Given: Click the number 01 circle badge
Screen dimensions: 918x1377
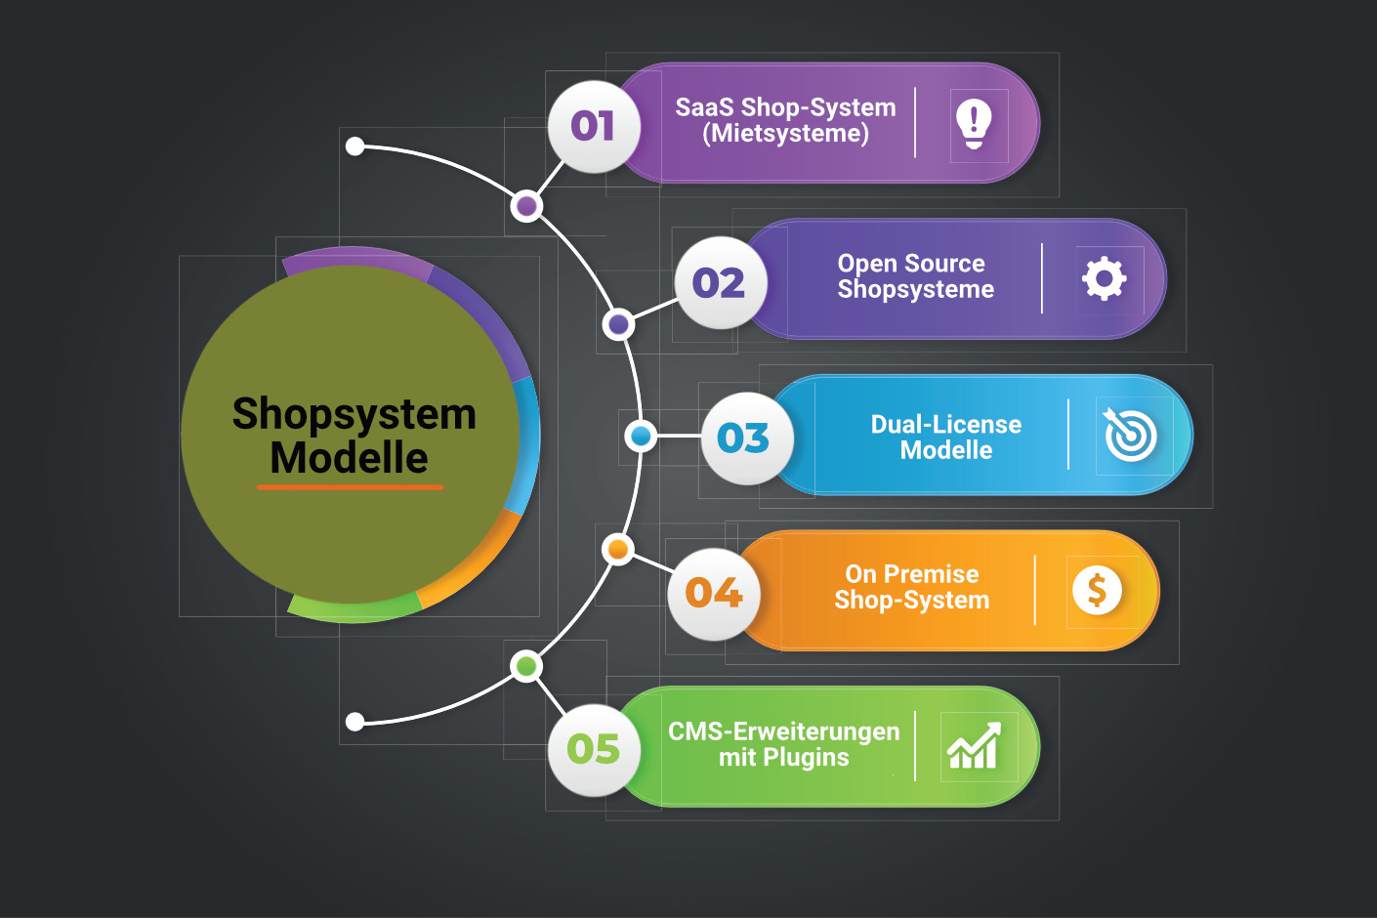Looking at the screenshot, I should tap(594, 126).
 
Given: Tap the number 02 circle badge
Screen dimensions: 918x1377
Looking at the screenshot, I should tap(720, 283).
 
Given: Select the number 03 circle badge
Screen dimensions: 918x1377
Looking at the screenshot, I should tap(745, 438).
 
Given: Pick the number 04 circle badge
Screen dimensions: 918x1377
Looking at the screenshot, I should tap(714, 593).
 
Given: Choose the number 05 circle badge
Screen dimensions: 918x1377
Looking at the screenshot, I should tap(594, 749).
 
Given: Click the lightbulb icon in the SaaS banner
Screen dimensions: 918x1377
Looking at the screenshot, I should tap(974, 124).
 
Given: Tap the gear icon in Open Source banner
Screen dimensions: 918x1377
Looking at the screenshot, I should tap(1104, 279).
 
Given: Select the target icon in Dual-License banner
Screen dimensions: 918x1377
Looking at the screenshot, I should tap(1130, 436).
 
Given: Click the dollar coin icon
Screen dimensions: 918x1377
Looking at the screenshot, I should tap(1097, 590).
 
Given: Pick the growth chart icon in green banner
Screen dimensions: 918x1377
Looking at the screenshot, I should tap(974, 747).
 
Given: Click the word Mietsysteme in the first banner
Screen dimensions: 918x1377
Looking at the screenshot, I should tap(785, 134).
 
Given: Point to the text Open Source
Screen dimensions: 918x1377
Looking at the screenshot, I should tap(910, 263).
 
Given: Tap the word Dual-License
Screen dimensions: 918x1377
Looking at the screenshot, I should tap(945, 424).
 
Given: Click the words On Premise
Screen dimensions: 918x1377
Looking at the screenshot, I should tap(911, 573).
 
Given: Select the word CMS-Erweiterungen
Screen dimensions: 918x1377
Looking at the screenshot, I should tap(783, 730).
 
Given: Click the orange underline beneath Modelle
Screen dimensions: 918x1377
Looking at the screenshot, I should tap(350, 486).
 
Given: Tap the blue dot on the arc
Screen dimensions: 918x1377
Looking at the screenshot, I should tap(642, 436).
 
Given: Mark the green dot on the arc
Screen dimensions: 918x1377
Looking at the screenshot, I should tap(526, 667).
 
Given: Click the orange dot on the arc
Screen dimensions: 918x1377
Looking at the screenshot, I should tap(617, 550).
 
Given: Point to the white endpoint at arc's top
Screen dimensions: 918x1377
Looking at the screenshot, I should tap(355, 146).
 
